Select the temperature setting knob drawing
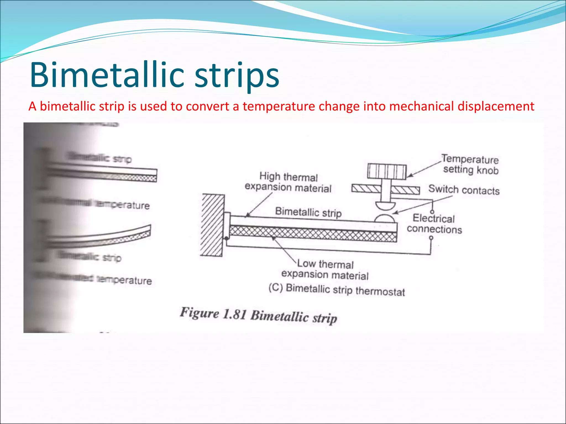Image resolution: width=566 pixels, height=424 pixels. click(x=387, y=171)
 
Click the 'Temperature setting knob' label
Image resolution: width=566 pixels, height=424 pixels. click(x=470, y=165)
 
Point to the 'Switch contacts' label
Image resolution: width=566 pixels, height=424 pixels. click(x=464, y=190)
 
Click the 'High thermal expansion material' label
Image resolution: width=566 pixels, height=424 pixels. click(x=288, y=182)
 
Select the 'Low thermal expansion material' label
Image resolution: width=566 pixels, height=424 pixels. click(x=325, y=269)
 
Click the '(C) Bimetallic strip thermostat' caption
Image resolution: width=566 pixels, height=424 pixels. click(x=337, y=290)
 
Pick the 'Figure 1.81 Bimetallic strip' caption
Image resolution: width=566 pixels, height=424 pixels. click(x=258, y=315)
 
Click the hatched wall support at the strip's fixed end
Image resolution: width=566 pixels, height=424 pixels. click(x=212, y=225)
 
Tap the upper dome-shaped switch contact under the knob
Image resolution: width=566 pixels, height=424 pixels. click(x=385, y=206)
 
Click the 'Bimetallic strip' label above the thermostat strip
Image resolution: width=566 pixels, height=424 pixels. click(x=308, y=212)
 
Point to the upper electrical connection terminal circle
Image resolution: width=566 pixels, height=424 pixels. click(x=432, y=212)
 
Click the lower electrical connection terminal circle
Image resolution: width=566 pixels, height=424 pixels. click(x=431, y=238)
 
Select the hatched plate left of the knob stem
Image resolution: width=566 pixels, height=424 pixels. click(x=366, y=189)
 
